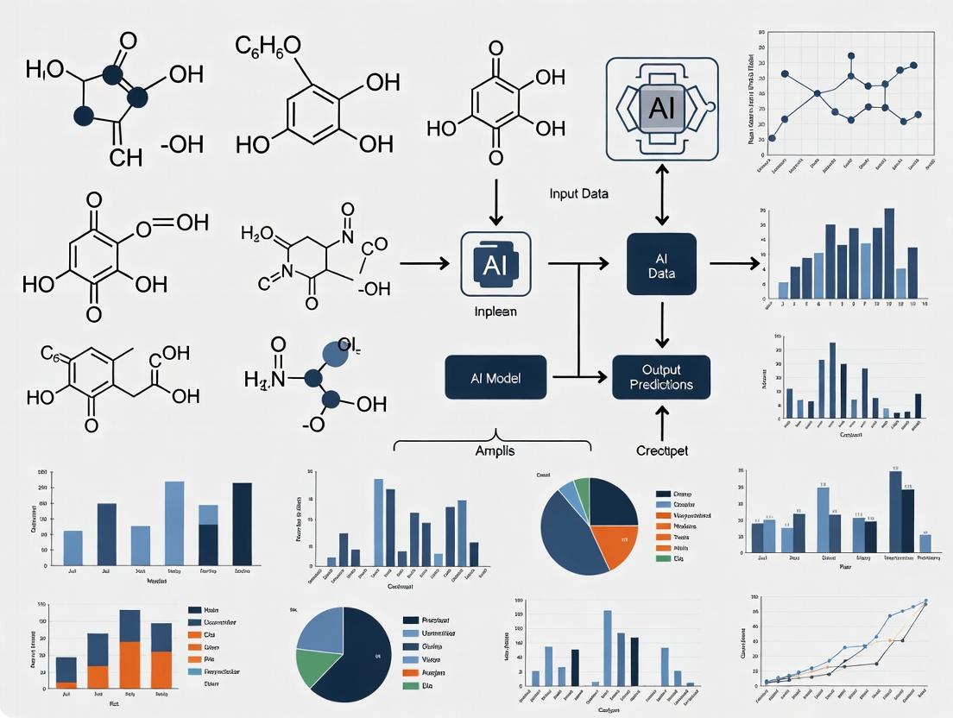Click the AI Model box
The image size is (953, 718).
(495, 377)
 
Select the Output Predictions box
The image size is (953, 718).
(661, 376)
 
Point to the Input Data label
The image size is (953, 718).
(578, 193)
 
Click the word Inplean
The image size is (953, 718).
(495, 311)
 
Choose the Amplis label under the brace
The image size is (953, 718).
(495, 451)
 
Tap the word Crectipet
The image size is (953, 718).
(660, 451)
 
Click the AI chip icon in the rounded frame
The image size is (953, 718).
(661, 109)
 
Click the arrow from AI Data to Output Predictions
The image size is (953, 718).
(661, 322)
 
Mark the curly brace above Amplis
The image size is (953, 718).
(493, 438)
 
